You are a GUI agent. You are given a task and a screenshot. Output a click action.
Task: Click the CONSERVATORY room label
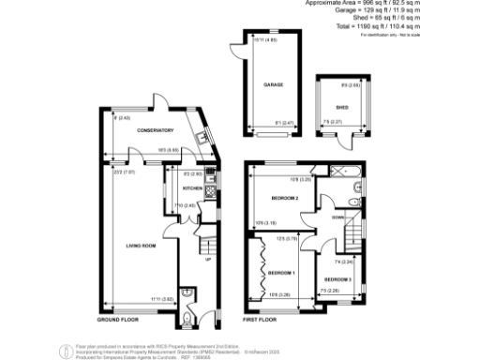click(x=155, y=130)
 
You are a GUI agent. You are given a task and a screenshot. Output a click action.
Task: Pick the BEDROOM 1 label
click(x=280, y=272)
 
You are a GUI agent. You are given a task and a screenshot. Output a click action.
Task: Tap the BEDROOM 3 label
click(x=337, y=279)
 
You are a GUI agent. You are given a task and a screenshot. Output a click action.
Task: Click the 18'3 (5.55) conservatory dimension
click(x=169, y=151)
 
